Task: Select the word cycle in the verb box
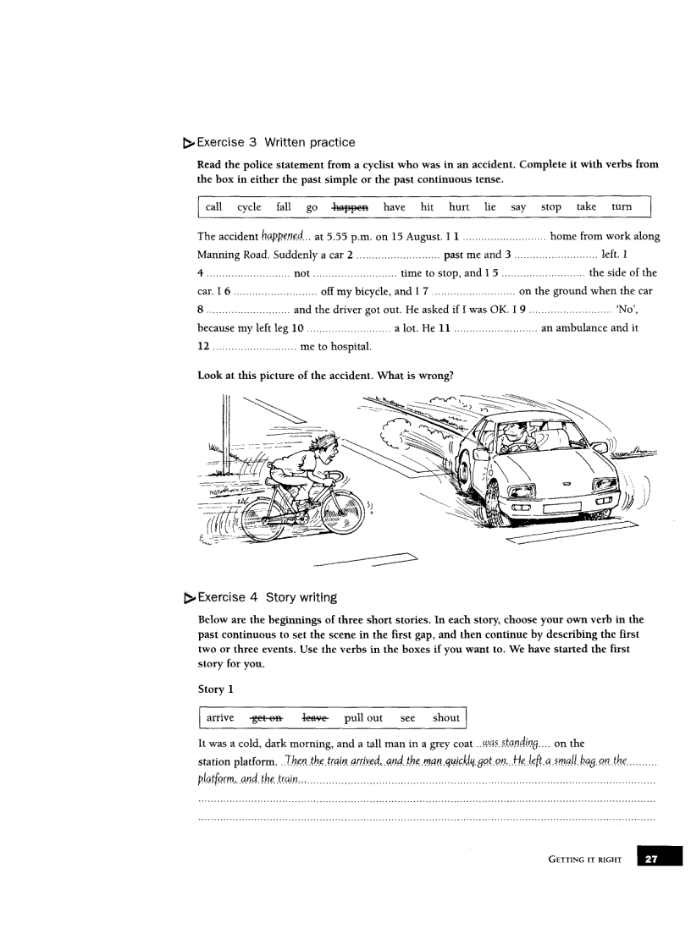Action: [249, 206]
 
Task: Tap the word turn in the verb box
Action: [622, 206]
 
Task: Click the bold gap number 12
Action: [203, 346]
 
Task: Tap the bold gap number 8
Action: [201, 310]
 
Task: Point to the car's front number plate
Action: [567, 509]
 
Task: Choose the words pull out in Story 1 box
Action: [363, 717]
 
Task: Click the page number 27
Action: [651, 859]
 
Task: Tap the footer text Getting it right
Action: [584, 859]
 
